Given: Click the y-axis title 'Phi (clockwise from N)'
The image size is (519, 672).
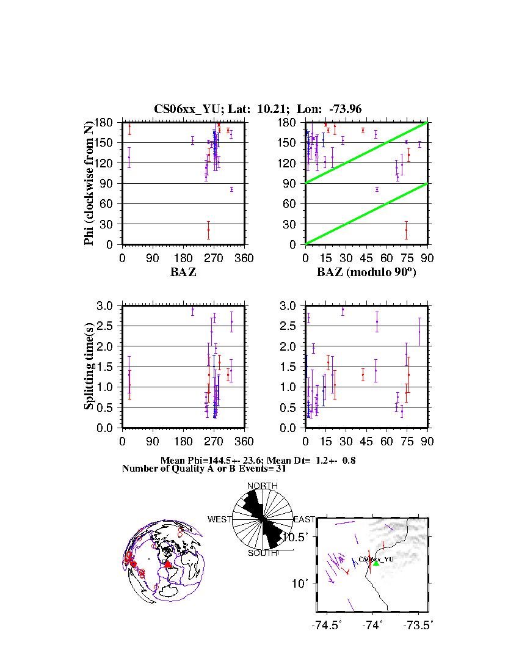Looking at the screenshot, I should click(90, 183).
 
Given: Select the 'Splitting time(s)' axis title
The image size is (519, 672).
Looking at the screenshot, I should click(90, 367).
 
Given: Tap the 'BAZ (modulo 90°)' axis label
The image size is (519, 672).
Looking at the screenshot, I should click(366, 272).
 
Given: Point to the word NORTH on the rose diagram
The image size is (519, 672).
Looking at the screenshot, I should click(262, 486).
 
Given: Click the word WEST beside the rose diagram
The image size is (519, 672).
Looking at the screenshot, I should click(220, 520).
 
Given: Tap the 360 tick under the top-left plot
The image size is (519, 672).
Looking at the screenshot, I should click(244, 258).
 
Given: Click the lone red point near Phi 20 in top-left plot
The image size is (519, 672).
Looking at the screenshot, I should click(208, 230).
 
